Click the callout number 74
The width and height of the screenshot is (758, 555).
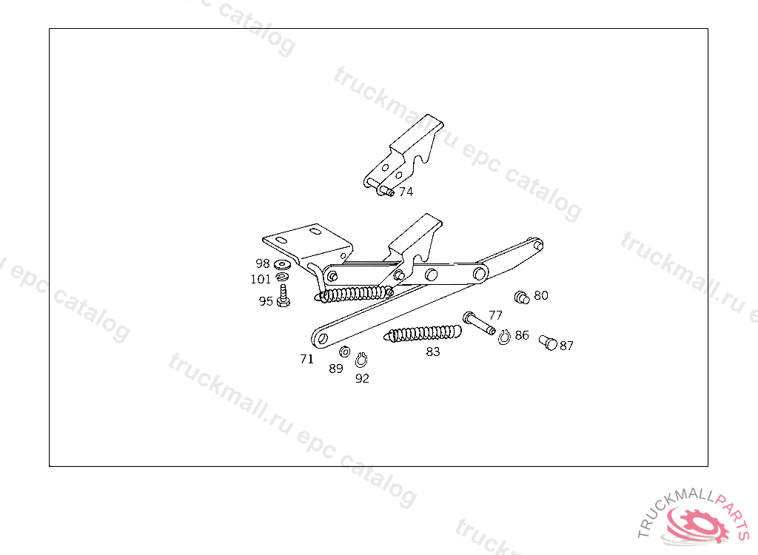pos(406,192)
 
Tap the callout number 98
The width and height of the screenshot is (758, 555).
pos(263,263)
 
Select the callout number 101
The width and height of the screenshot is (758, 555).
pos(261,279)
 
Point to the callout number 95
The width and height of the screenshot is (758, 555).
pos(266,301)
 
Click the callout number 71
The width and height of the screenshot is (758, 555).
pos(306,359)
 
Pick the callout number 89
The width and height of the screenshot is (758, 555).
pos(336,369)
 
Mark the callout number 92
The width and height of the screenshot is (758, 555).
pos(362,378)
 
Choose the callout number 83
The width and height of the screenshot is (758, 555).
pos(433,352)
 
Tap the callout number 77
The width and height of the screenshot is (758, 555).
pos(495,315)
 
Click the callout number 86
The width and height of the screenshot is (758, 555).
pos(522,335)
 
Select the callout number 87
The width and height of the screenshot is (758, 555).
pos(566,346)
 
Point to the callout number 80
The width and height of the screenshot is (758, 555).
pos(541,295)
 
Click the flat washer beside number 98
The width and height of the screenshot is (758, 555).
pos(282,264)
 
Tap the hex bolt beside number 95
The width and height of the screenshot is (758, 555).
pos(283,296)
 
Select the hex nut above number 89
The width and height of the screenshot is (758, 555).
pos(344,351)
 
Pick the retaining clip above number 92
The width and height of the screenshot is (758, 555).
pos(361,360)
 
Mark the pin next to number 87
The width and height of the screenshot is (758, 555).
pos(548,343)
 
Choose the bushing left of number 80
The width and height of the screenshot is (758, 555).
pos(521,297)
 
